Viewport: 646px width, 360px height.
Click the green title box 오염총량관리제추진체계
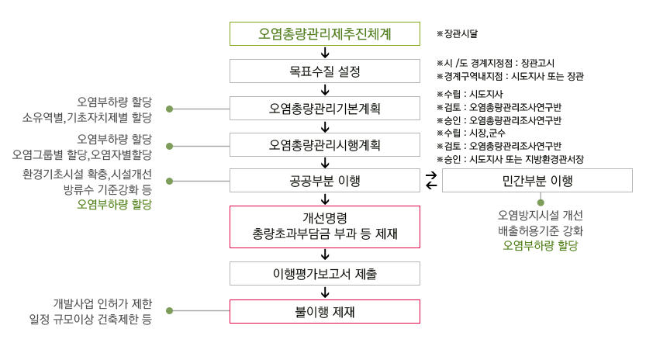[x=325, y=34]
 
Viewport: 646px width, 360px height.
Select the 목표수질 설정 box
[x=325, y=71]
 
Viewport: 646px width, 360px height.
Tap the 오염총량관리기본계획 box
[x=325, y=109]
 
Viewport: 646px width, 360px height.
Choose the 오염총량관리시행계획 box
[x=325, y=145]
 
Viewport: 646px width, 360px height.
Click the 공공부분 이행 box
[x=325, y=181]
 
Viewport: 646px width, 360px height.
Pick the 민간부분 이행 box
[x=537, y=181]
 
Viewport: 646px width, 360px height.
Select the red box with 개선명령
[x=325, y=227]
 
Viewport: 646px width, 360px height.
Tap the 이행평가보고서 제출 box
[x=325, y=273]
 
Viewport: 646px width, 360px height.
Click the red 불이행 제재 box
[x=325, y=311]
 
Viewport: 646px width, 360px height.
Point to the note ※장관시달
[x=458, y=34]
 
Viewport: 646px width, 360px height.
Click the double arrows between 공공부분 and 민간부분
[x=431, y=181]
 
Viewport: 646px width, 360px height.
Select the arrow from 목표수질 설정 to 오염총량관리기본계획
[x=325, y=90]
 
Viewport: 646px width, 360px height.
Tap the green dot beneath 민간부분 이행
[x=541, y=202]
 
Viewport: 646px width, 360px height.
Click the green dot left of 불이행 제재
[x=169, y=310]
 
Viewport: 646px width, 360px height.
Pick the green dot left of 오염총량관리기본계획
[x=169, y=109]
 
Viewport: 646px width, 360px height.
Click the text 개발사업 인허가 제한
[x=102, y=304]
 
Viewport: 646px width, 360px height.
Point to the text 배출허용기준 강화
[x=541, y=230]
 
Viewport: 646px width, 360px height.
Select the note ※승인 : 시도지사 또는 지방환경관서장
[x=510, y=159]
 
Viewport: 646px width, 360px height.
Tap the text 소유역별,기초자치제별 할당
[x=87, y=117]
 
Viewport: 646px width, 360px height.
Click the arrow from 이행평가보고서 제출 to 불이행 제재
[x=325, y=292]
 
